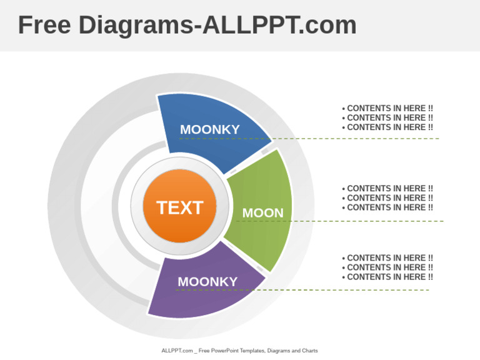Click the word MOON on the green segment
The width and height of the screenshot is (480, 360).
coord(262,213)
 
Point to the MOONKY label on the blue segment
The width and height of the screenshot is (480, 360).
coord(210,129)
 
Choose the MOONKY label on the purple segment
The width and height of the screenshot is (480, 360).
coord(207,282)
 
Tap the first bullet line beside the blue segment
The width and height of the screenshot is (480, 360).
coord(387,108)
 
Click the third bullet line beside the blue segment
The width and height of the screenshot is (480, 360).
coord(387,127)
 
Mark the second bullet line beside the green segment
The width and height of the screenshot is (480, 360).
coord(387,197)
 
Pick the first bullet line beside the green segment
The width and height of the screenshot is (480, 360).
coord(387,188)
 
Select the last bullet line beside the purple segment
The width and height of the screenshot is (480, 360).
coord(387,277)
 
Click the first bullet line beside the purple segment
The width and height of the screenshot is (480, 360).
coord(387,257)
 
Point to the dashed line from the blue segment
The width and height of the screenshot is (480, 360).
coord(356,138)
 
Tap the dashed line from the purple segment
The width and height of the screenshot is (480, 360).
coord(350,290)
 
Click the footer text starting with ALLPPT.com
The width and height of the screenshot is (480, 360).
coord(239,351)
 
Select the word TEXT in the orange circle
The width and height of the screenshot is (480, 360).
coord(180,207)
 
